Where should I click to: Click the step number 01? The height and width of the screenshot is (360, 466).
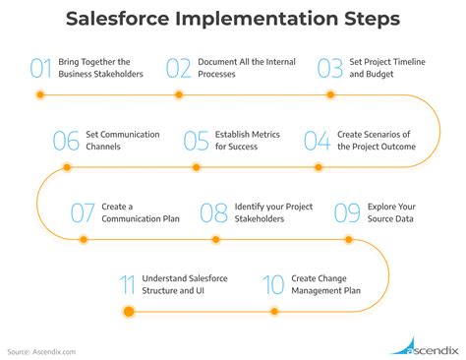tap(40, 68)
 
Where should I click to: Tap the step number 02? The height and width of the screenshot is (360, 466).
tap(178, 68)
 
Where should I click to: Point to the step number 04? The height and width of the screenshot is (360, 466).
tap(317, 140)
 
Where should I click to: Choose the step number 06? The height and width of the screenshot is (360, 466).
tap(65, 140)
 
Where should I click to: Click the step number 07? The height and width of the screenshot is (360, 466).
tap(83, 211)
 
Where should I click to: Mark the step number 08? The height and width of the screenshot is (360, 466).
tap(214, 211)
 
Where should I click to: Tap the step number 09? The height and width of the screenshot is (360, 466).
tap(347, 211)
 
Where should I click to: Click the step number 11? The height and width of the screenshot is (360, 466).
tap(126, 284)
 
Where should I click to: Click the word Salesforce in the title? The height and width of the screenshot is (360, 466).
tap(128, 21)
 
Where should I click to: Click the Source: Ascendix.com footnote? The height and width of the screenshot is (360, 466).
tap(41, 350)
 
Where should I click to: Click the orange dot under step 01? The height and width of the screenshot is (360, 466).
tap(40, 95)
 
